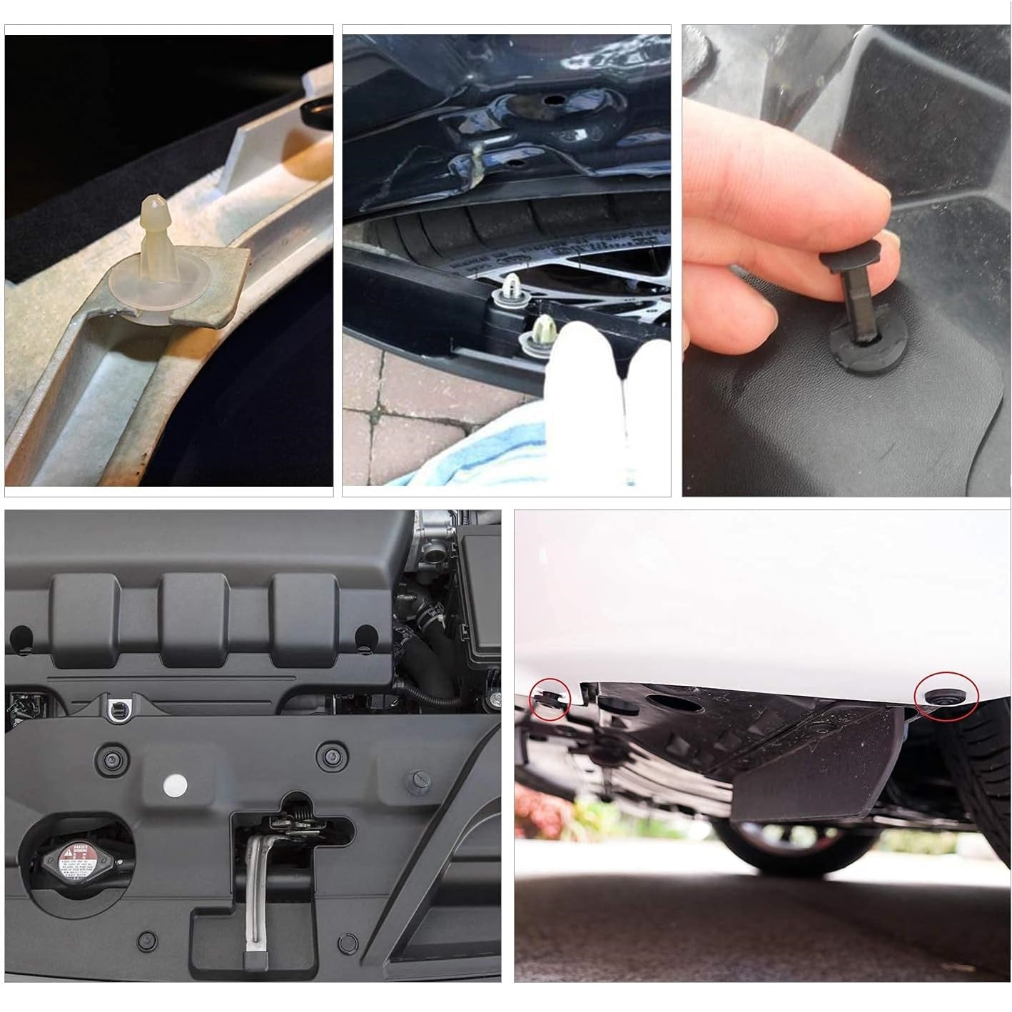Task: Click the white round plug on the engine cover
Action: click(x=176, y=785)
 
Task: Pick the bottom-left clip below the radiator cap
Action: click(x=147, y=938)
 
